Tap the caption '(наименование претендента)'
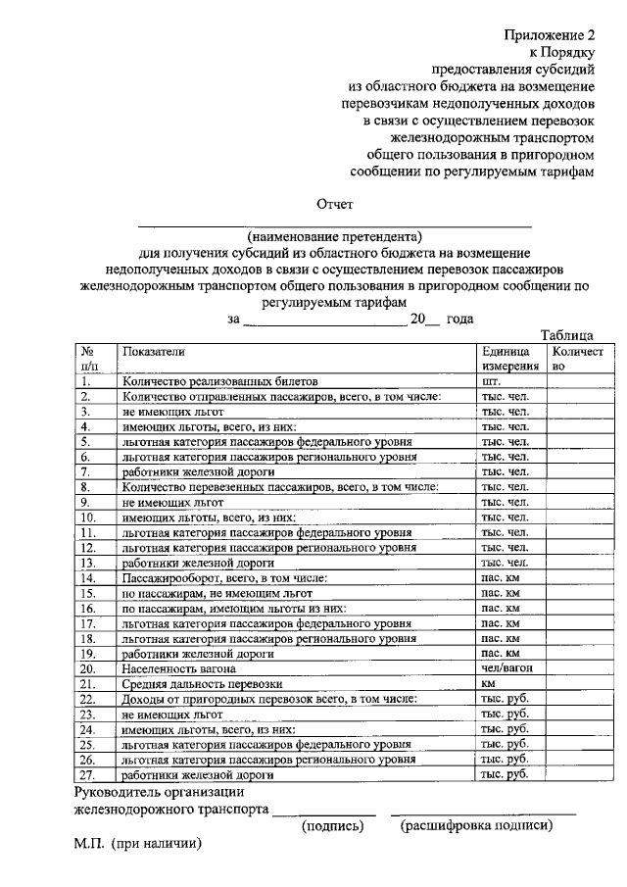334,236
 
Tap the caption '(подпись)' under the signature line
332,825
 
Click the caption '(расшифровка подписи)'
476,825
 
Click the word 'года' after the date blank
459,319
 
